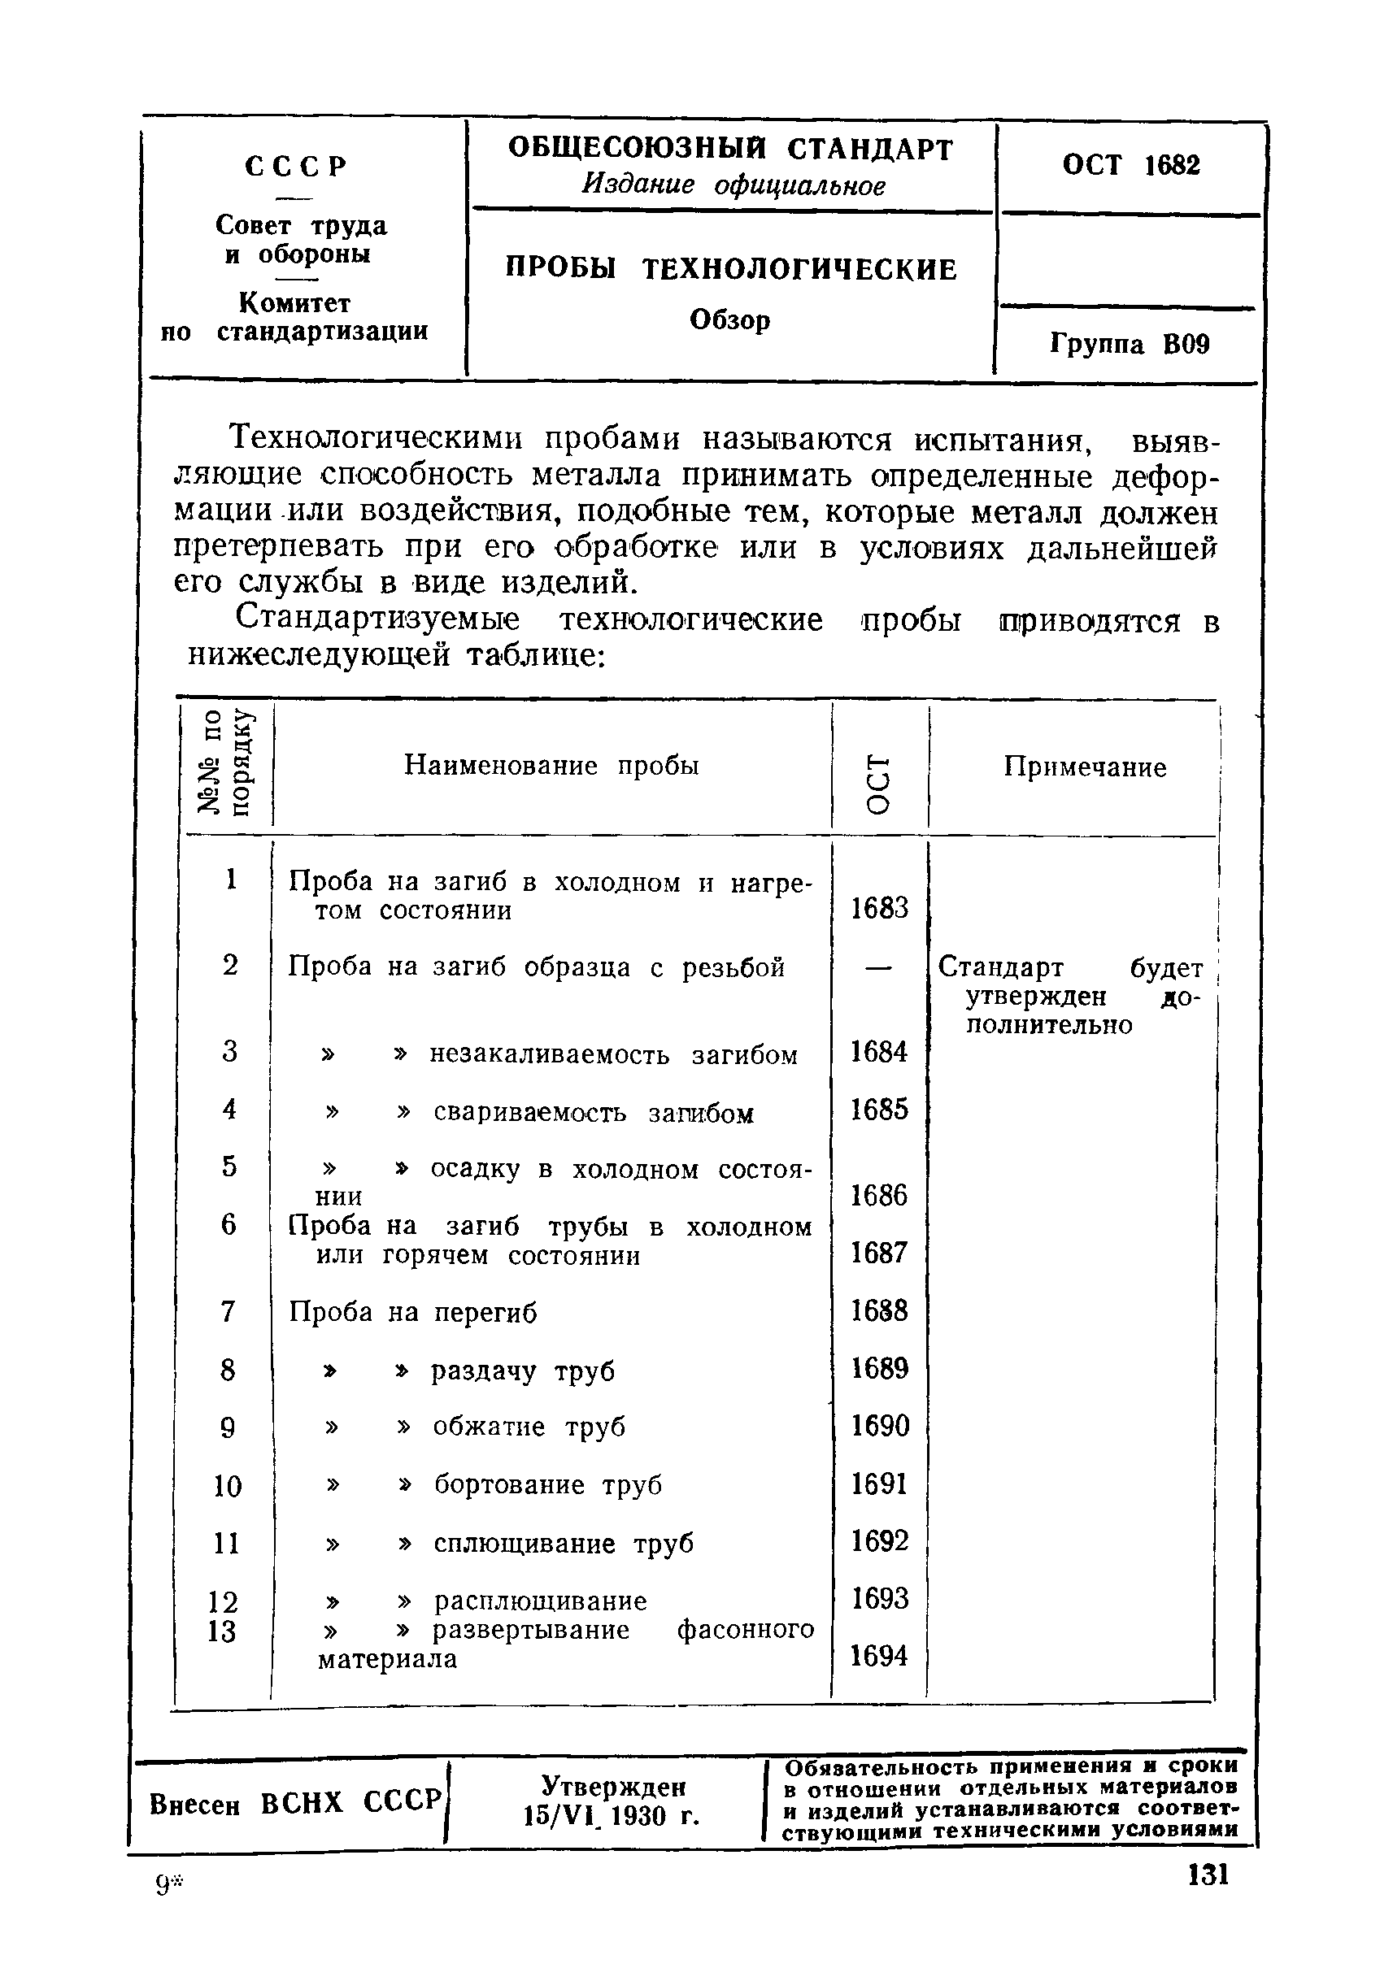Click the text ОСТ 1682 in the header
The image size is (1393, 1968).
[x=1130, y=165]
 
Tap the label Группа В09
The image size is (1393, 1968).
[x=1129, y=345]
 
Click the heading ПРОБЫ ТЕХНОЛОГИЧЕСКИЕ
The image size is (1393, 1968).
[x=730, y=269]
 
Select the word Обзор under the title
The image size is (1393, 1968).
[x=730, y=319]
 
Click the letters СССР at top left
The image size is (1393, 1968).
[x=296, y=166]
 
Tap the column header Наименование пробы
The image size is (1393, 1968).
[x=551, y=765]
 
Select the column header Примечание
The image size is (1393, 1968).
[x=1084, y=767]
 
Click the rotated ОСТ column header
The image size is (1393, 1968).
[x=879, y=783]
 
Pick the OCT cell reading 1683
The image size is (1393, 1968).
[x=878, y=908]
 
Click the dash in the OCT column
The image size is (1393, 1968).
[x=877, y=967]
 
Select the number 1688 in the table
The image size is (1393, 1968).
[x=878, y=1310]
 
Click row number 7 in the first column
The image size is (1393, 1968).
[x=229, y=1311]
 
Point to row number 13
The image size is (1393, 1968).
[x=222, y=1630]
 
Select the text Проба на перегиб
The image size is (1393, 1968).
[x=412, y=1312]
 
